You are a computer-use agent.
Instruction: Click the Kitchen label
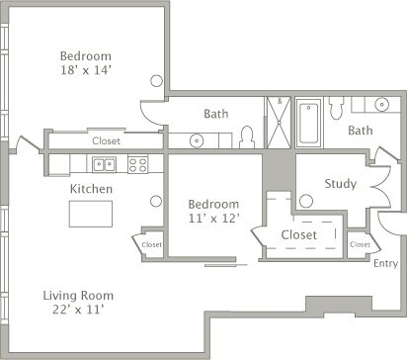pos(90,188)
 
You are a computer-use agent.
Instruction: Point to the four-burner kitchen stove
pos(138,165)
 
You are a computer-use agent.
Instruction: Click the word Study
pos(340,183)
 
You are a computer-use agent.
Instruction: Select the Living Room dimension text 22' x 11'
pos(79,310)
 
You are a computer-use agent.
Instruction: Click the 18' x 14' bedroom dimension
pos(85,70)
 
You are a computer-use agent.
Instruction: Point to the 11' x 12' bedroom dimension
pos(214,218)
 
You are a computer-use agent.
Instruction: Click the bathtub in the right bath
pos(309,123)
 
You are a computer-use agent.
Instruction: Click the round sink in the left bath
pos(198,139)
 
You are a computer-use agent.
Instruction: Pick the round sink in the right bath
pos(382,103)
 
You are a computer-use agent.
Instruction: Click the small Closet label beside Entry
pos(360,243)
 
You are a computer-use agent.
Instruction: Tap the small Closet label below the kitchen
pos(152,243)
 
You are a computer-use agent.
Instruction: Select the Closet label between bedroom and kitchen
pos(106,141)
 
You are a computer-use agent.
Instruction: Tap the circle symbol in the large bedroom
pos(155,80)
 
